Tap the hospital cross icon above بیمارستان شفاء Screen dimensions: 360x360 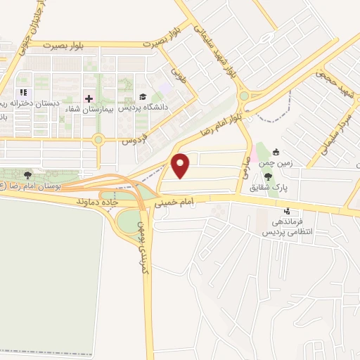click(x=89, y=98)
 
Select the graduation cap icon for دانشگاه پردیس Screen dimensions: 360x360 click(x=143, y=98)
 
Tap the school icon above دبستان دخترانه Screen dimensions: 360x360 click(x=23, y=92)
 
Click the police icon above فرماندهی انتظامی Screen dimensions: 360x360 click(x=286, y=210)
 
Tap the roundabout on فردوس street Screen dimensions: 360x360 click(x=98, y=139)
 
